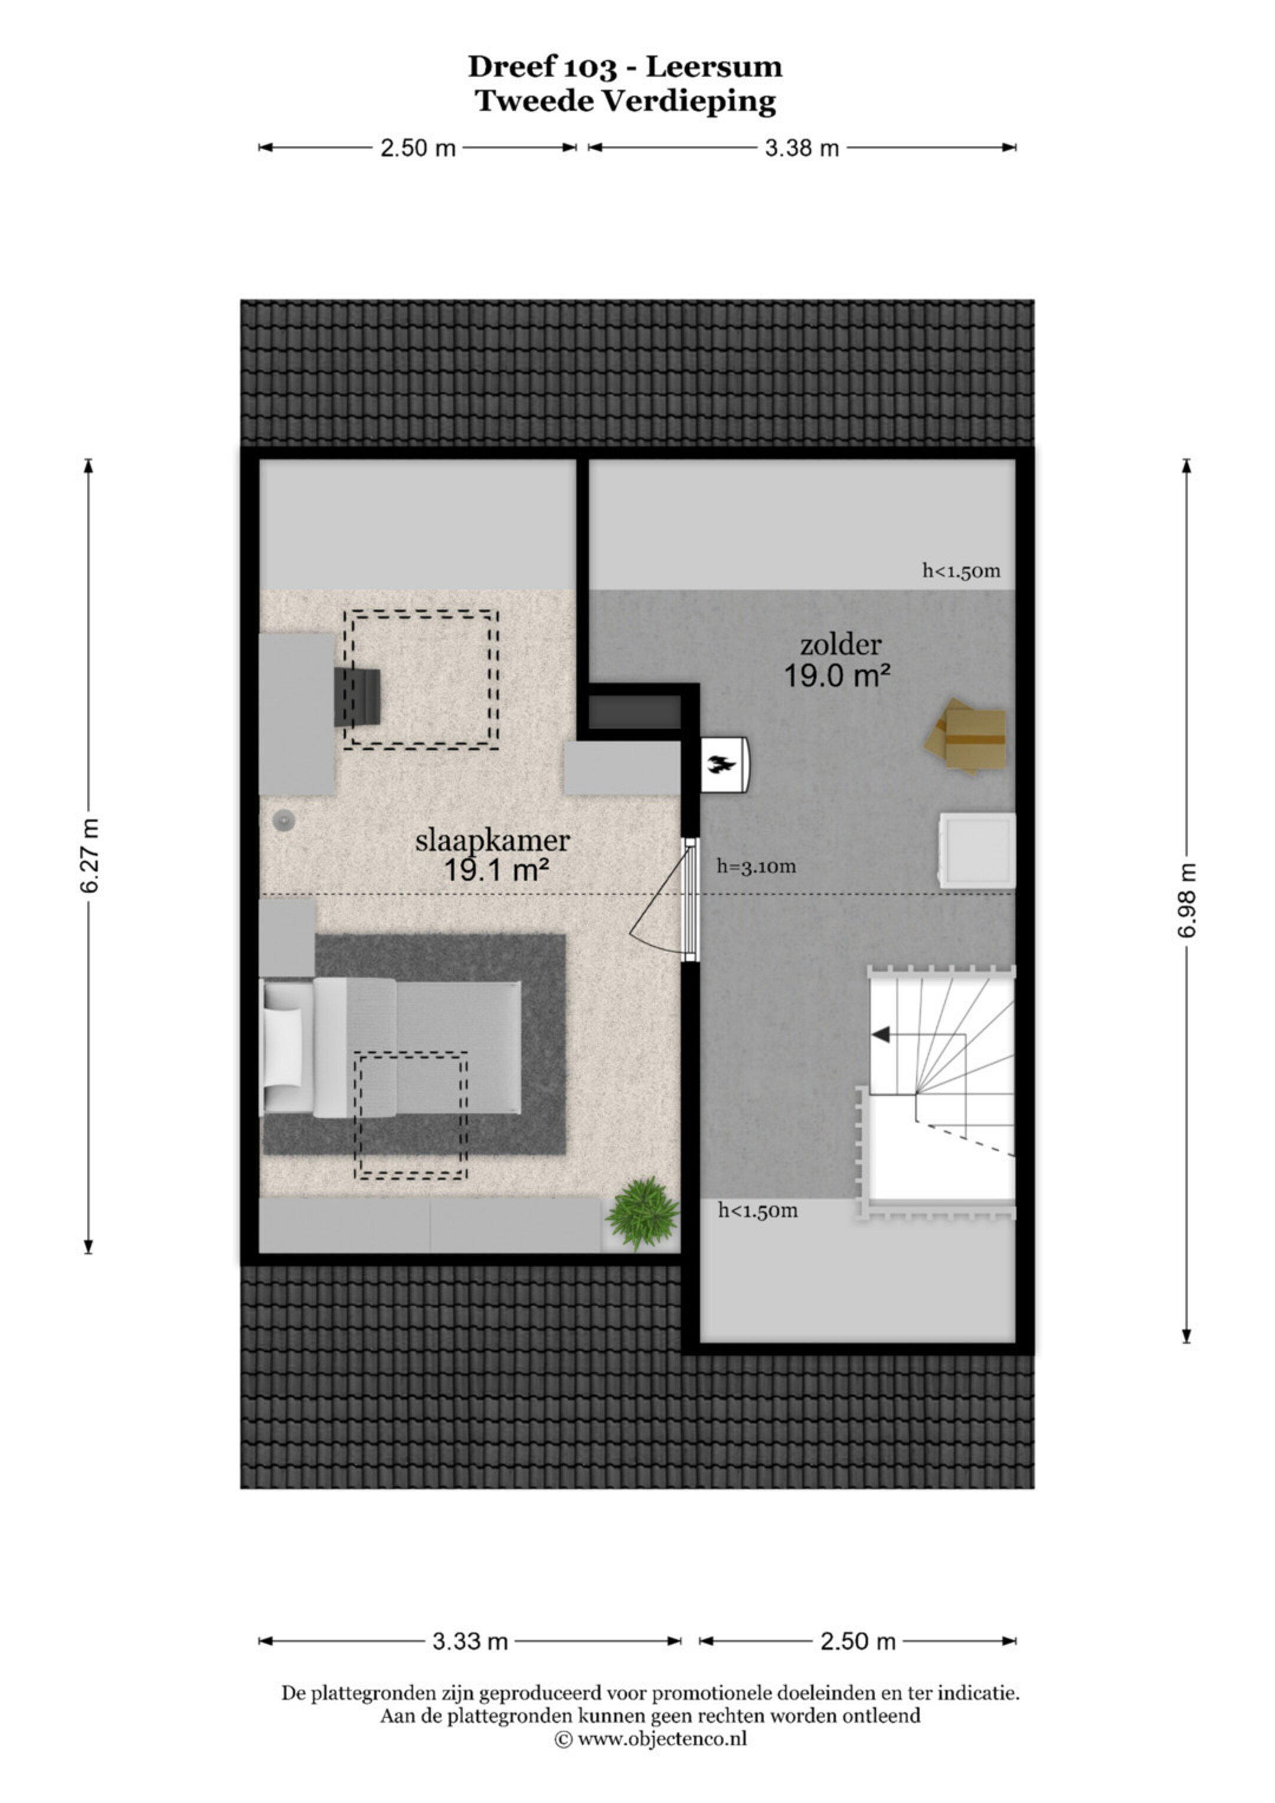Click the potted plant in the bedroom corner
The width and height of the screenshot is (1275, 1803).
click(643, 1213)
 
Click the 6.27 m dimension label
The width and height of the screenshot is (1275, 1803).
click(89, 855)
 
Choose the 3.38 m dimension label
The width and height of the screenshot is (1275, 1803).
click(802, 148)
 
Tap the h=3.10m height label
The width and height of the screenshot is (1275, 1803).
click(756, 867)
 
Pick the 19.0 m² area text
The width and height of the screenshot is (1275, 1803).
click(838, 675)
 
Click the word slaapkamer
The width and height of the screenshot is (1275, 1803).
click(492, 841)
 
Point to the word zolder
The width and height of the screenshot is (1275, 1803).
click(840, 645)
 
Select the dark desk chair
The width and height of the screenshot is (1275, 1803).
click(357, 697)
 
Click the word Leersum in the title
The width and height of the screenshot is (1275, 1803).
click(714, 67)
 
